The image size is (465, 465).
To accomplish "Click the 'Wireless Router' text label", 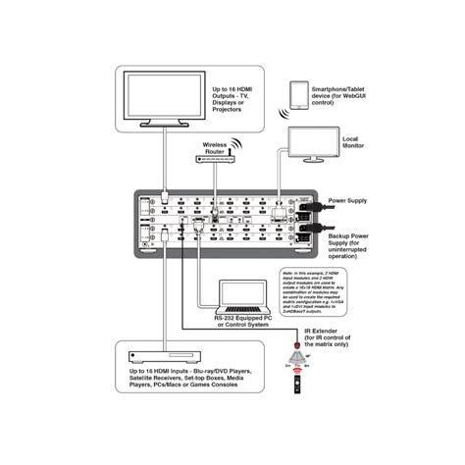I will (x=215, y=147).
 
